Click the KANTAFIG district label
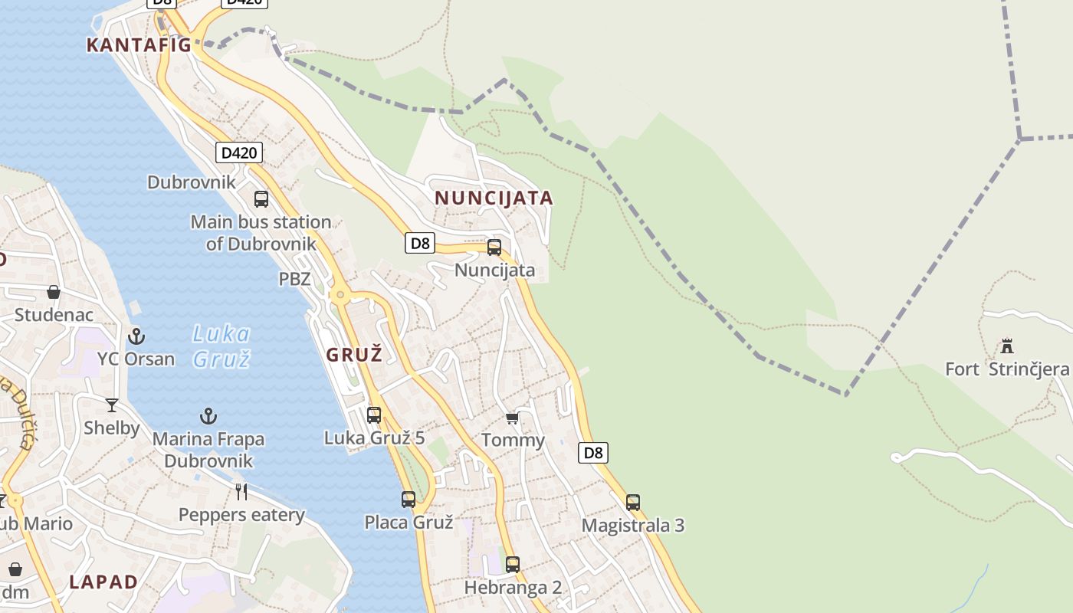tap(139, 45)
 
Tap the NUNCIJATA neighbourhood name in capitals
tap(494, 198)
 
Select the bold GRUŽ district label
tap(353, 355)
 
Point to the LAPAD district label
tap(103, 582)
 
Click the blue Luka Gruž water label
tap(221, 346)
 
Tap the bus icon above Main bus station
tap(261, 199)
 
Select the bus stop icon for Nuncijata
tap(494, 247)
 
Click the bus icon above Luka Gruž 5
tap(374, 415)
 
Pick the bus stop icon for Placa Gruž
tap(409, 500)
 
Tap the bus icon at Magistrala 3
tap(633, 503)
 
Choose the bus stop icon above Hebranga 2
tap(513, 565)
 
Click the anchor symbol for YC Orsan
tap(136, 336)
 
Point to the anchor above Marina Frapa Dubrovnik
tap(208, 416)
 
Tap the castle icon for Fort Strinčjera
tap(1007, 346)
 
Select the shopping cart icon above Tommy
tap(513, 418)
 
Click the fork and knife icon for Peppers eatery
tap(241, 491)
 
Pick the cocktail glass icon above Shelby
tap(112, 405)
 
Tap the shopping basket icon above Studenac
tap(54, 292)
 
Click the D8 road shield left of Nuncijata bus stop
tap(420, 244)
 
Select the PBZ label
tap(294, 279)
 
